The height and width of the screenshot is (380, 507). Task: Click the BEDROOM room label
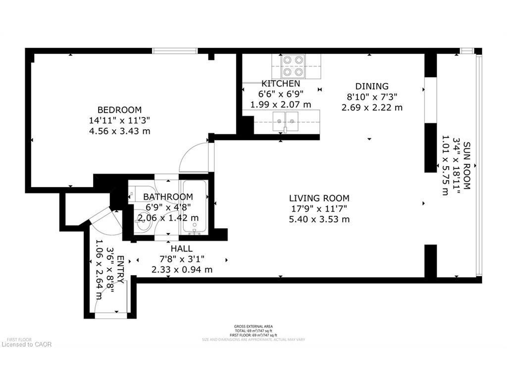119,110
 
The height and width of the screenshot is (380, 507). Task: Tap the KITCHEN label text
281,84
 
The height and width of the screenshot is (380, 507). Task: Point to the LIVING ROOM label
319,198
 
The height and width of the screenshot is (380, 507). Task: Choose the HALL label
182,248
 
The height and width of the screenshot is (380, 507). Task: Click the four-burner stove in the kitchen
294,65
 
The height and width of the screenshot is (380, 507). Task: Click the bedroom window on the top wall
175,50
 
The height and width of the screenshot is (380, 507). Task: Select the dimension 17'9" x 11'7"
319,208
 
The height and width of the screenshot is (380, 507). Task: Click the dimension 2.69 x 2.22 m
372,107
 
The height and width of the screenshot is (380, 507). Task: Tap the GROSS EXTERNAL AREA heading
253,327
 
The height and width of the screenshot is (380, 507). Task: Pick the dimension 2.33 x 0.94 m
182,270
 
